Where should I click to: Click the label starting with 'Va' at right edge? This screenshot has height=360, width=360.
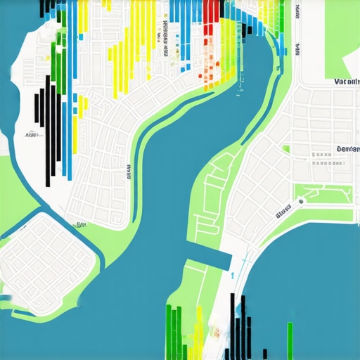pyautogui.click(x=346, y=82)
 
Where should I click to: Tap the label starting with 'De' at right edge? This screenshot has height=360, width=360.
pyautogui.click(x=347, y=149)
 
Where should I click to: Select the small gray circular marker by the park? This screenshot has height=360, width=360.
pyautogui.click(x=301, y=202)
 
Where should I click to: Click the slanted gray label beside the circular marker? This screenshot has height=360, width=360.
pyautogui.click(x=283, y=210)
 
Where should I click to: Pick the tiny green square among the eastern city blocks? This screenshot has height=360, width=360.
pyautogui.click(x=286, y=149)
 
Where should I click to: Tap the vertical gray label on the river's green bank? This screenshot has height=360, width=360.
pyautogui.click(x=129, y=171)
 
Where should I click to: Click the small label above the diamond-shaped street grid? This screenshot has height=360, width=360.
pyautogui.click(x=81, y=226)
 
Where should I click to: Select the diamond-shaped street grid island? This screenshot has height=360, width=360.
pyautogui.click(x=46, y=257)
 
